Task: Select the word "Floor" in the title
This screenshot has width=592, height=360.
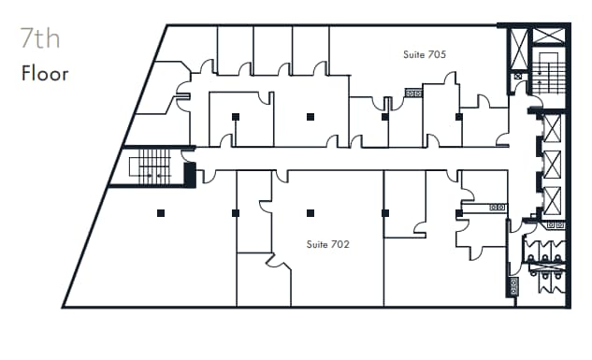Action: (x=45, y=73)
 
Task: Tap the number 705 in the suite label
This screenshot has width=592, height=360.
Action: (x=437, y=54)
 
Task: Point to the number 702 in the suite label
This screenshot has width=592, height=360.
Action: (x=340, y=244)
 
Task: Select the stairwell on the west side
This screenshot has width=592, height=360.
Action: (x=150, y=166)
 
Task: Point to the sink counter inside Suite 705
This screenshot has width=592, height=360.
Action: (x=412, y=93)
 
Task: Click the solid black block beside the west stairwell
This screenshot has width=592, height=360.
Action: (x=190, y=174)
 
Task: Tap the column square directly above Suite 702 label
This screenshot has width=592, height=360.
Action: (x=310, y=213)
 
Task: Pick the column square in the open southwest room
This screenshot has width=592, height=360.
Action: (x=161, y=213)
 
